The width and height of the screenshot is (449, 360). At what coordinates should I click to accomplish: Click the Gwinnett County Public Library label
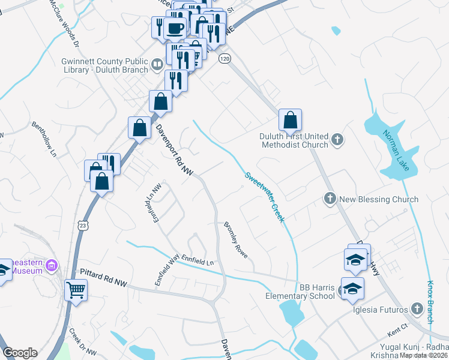[104, 65]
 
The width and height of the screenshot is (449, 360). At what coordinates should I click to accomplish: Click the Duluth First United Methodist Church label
[294, 140]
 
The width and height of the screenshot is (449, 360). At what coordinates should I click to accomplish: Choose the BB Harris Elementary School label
[300, 290]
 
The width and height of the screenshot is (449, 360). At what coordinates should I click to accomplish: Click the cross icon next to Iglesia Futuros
[418, 309]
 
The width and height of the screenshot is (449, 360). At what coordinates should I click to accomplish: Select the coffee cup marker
[175, 28]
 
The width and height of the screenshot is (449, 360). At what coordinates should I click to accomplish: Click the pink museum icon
[52, 265]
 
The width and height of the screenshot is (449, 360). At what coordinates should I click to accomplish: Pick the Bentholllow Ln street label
[44, 142]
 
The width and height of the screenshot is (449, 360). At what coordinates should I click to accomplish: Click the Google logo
[19, 353]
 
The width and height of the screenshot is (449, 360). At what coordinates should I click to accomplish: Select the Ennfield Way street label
[166, 271]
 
